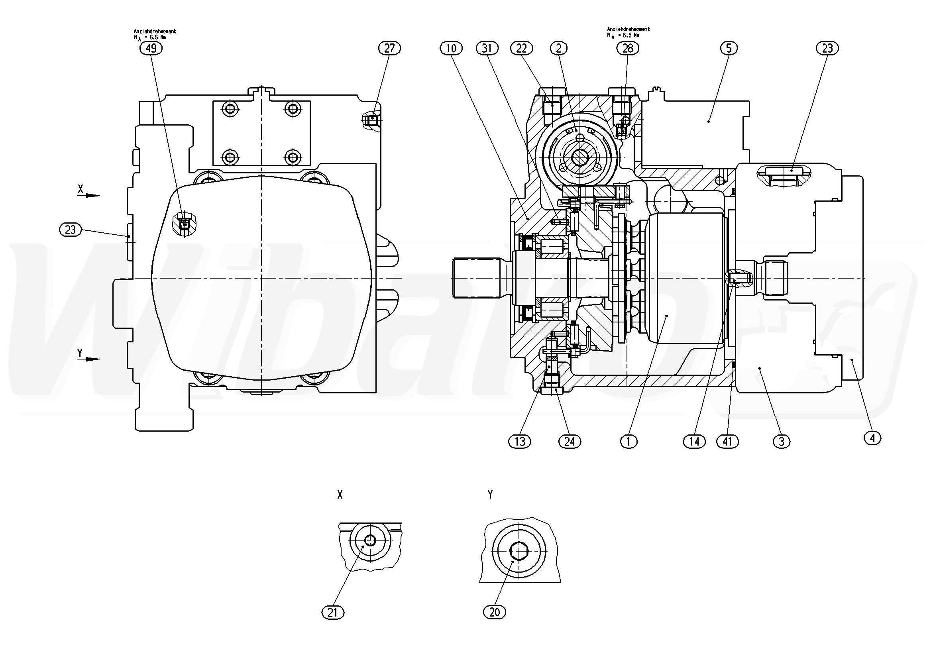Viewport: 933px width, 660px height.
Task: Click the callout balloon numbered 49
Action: click(151, 48)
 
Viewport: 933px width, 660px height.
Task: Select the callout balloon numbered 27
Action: click(389, 48)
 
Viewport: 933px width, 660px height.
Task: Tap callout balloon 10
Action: click(451, 48)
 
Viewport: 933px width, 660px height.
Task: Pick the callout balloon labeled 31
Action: click(487, 48)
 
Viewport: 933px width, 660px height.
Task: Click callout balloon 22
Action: click(521, 48)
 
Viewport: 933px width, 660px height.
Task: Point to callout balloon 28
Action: click(628, 48)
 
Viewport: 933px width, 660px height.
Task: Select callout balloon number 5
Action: click(729, 48)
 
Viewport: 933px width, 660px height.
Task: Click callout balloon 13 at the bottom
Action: click(520, 441)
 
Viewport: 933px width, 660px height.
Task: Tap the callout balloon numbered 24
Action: click(570, 441)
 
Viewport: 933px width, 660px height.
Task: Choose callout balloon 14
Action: click(694, 441)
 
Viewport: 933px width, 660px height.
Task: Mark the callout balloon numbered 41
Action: click(728, 441)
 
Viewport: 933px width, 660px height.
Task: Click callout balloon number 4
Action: click(872, 438)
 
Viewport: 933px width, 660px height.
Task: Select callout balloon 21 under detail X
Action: click(333, 613)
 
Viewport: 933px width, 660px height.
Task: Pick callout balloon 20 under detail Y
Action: click(495, 612)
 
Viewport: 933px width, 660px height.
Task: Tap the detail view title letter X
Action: click(340, 495)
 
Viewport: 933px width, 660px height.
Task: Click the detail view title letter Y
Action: click(491, 495)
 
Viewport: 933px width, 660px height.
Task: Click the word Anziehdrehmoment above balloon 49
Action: click(155, 31)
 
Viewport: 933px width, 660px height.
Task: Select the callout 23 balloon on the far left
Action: click(70, 230)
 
